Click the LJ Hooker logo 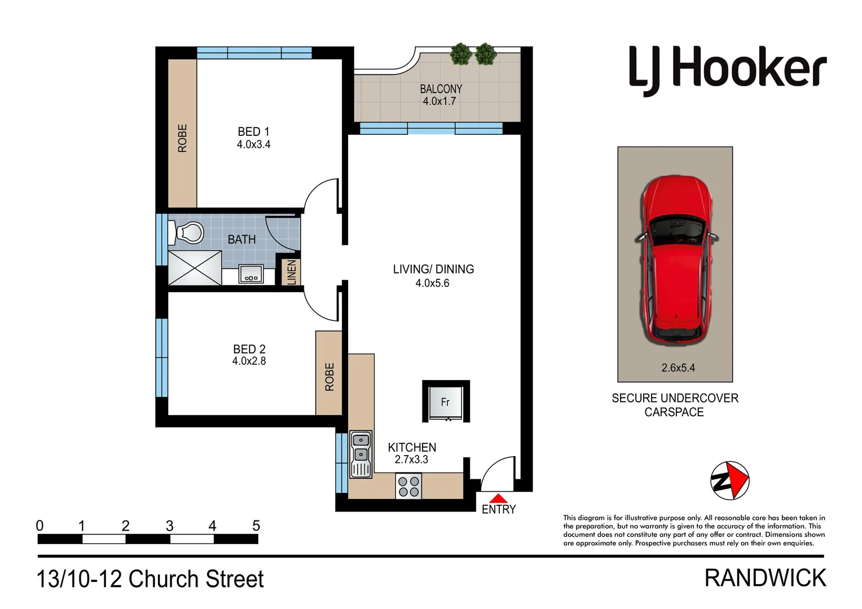pos(727,70)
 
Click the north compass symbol pos(729,480)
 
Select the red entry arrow pos(498,498)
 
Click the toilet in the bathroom pos(190,232)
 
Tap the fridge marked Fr pos(446,401)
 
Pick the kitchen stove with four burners pos(409,487)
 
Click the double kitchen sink pos(360,454)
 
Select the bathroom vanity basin pos(251,274)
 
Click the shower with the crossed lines pos(195,267)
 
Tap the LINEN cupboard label pos(292,272)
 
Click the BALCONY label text pos(441,89)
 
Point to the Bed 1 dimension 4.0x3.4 pos(253,144)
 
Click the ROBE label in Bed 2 pos(329,377)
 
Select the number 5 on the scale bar pos(256,526)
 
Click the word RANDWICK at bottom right pos(765,579)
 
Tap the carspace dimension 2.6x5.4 pos(678,368)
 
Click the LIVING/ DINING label pos(433,270)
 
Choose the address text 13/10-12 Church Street pos(150,579)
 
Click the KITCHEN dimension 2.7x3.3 pos(411,460)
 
